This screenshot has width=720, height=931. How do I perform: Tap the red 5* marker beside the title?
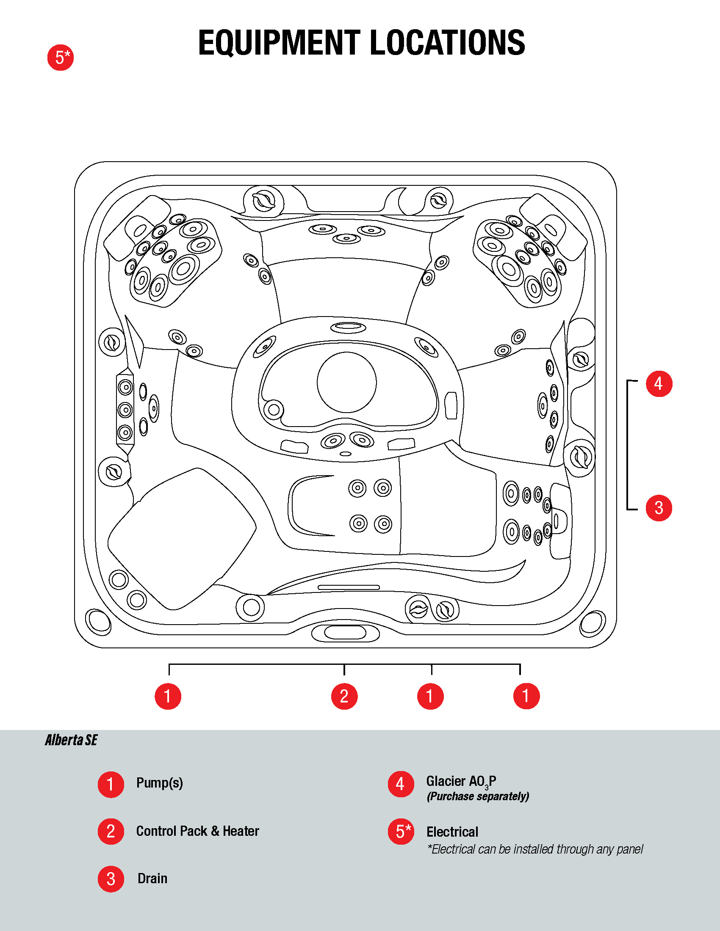pyautogui.click(x=61, y=58)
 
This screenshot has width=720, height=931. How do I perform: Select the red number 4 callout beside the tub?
pyautogui.click(x=659, y=384)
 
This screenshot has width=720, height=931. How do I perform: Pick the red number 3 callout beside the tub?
pyautogui.click(x=659, y=508)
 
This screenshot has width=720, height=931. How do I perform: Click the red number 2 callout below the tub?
pyautogui.click(x=344, y=696)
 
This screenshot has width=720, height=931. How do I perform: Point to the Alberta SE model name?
pyautogui.click(x=71, y=740)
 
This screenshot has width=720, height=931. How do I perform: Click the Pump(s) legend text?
pyautogui.click(x=160, y=783)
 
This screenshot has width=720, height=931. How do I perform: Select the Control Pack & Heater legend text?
pyautogui.click(x=197, y=831)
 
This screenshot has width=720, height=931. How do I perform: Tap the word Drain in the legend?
pyautogui.click(x=152, y=879)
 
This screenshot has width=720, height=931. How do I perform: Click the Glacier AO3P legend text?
pyautogui.click(x=461, y=781)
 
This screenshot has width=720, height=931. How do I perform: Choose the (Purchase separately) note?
pyautogui.click(x=478, y=796)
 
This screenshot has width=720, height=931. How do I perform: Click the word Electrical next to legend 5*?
pyautogui.click(x=452, y=832)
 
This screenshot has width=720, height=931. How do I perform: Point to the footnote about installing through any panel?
pyautogui.click(x=535, y=849)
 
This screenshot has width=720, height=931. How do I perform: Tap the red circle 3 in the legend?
pyautogui.click(x=111, y=879)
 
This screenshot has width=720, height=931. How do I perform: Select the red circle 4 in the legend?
pyautogui.click(x=401, y=784)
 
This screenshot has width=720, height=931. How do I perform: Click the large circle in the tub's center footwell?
pyautogui.click(x=347, y=382)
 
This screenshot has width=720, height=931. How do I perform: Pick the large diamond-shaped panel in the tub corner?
pyautogui.click(x=181, y=538)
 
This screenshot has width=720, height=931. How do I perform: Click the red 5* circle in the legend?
pyautogui.click(x=401, y=831)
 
